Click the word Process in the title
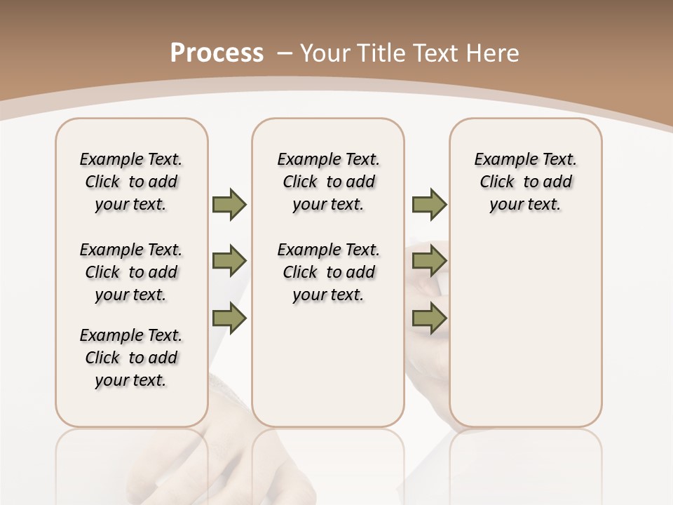[x=217, y=53]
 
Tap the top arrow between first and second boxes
[x=229, y=204]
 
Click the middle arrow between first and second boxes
[x=229, y=262]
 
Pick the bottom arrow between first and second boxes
[x=229, y=319]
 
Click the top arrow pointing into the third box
[x=429, y=204]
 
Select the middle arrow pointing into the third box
[x=429, y=262]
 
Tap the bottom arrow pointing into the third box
[x=429, y=319]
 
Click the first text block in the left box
[x=131, y=182]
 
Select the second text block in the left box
[x=131, y=272]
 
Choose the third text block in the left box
[x=131, y=358]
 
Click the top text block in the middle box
[x=328, y=182]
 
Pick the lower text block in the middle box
[x=328, y=272]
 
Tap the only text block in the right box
[x=525, y=182]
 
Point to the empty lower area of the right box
[x=525, y=330]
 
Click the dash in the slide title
[x=285, y=53]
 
